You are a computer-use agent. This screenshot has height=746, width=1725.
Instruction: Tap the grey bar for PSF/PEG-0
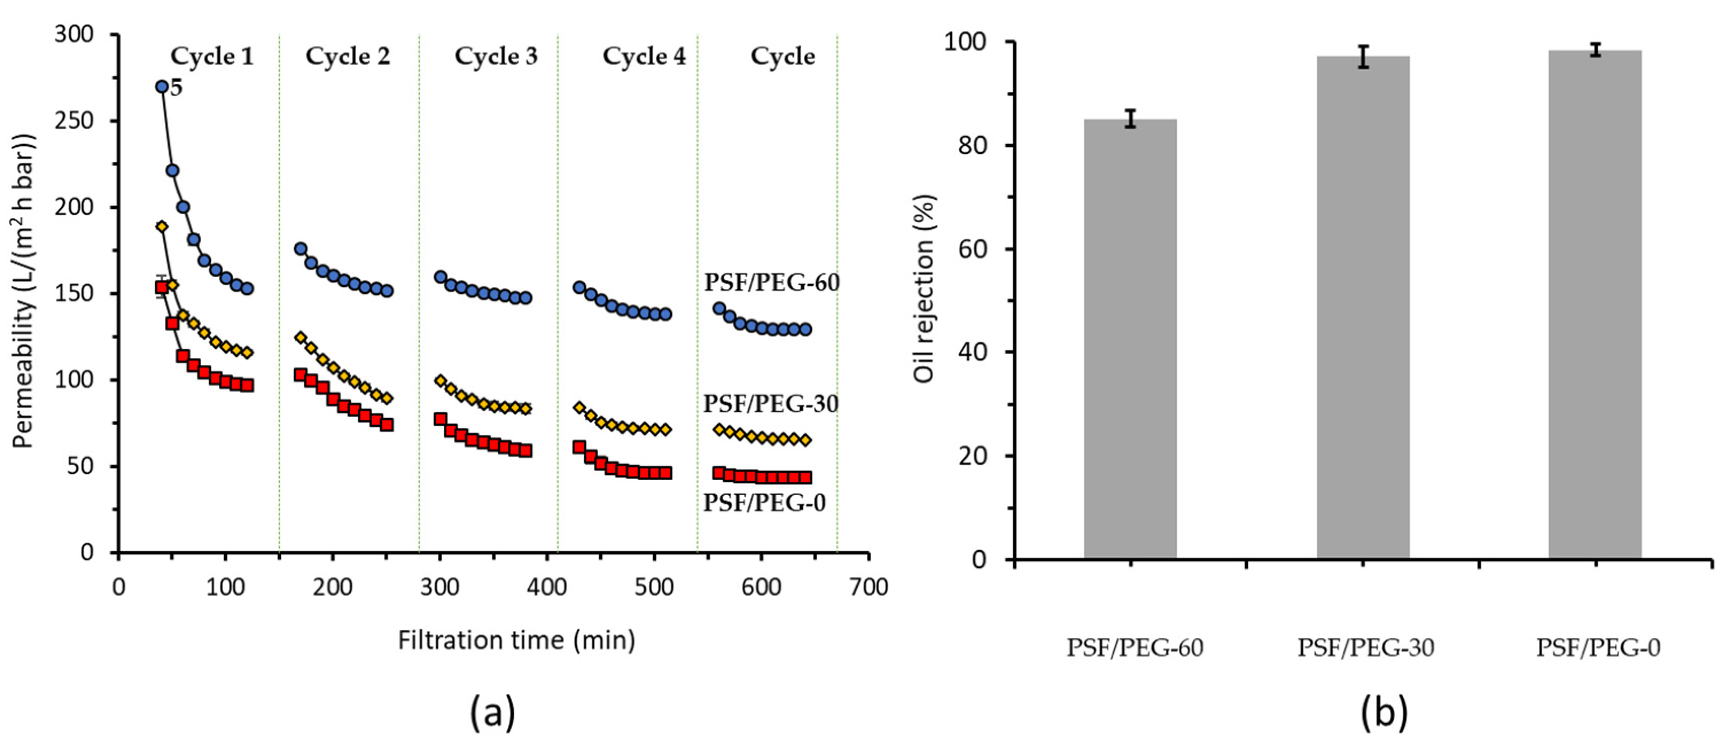[x=1595, y=304]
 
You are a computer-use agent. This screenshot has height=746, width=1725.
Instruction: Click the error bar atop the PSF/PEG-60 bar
[x=1130, y=119]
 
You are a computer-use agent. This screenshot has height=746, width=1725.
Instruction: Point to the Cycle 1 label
[x=212, y=56]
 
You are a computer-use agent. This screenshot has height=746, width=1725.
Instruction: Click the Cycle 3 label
[x=496, y=56]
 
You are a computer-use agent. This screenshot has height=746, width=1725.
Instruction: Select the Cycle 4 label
[x=644, y=56]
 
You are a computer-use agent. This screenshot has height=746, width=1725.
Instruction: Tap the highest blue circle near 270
[x=161, y=87]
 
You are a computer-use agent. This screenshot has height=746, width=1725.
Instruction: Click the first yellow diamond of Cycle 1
[x=161, y=227]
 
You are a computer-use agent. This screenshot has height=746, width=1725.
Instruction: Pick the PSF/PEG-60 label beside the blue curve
[x=772, y=283]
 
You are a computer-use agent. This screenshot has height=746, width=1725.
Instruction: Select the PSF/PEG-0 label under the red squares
[x=764, y=502]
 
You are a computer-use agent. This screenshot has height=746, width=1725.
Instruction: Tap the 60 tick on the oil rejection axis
[x=974, y=249]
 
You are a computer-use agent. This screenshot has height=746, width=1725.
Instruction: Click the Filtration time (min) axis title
[x=517, y=640]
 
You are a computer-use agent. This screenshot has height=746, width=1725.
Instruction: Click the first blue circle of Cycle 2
[x=301, y=248]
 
